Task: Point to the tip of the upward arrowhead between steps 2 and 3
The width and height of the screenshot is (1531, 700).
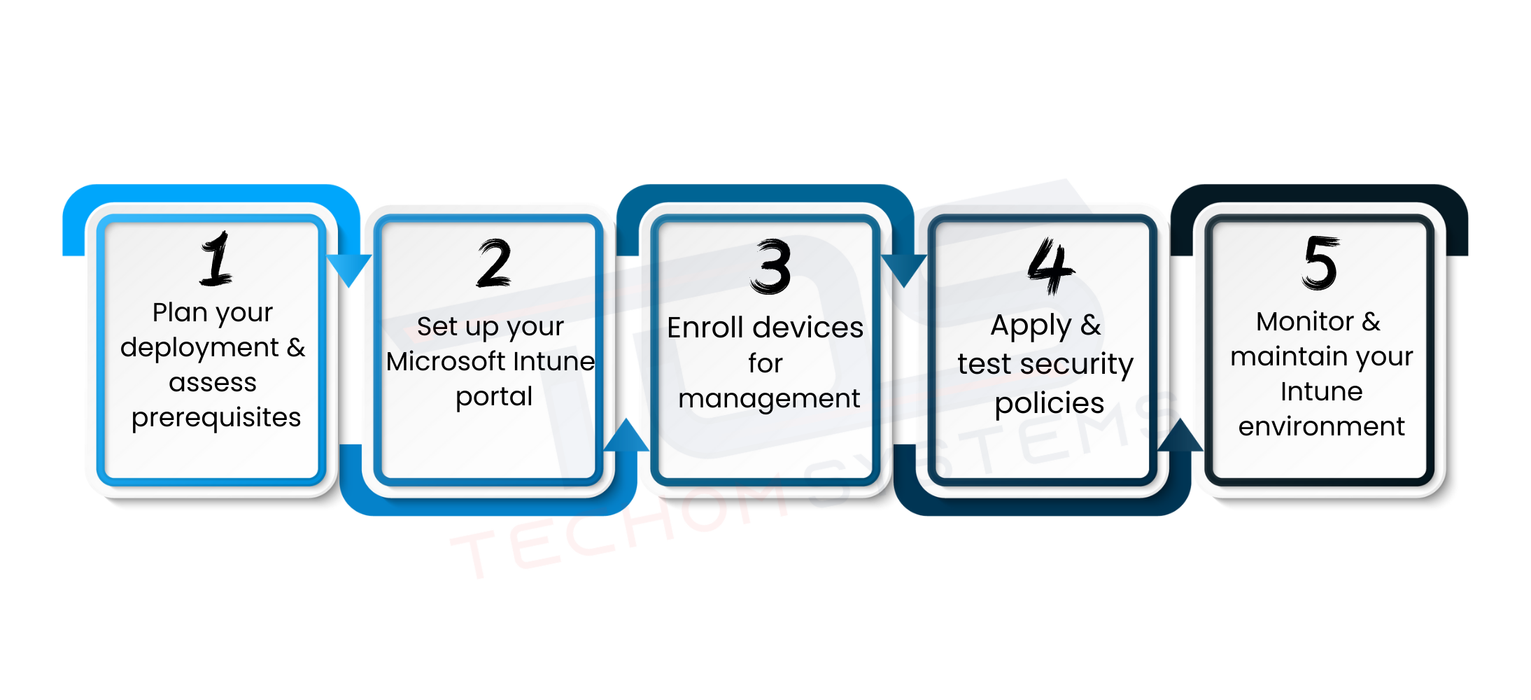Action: click(x=626, y=419)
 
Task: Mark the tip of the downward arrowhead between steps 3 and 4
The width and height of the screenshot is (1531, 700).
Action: click(x=904, y=287)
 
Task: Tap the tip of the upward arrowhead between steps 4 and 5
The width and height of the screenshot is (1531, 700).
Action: click(x=1181, y=419)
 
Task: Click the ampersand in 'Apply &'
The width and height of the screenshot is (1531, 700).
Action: click(x=1090, y=325)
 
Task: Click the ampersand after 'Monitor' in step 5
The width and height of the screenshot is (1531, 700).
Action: click(x=1371, y=321)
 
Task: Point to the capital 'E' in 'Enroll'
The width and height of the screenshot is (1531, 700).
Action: click(x=675, y=328)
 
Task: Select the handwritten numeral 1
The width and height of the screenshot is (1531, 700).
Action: click(x=216, y=258)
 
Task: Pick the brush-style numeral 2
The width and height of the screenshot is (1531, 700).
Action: click(x=494, y=263)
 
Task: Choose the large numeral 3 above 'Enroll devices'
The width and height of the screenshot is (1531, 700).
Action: click(x=770, y=266)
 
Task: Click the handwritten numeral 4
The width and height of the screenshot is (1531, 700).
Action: click(x=1050, y=265)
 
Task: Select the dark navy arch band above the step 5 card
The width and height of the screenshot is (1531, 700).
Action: click(x=1319, y=194)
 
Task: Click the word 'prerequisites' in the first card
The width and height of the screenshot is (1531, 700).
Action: click(x=216, y=418)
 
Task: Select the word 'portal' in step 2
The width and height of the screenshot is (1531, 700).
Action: click(x=494, y=397)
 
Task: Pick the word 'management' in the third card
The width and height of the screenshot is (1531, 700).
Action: click(x=769, y=399)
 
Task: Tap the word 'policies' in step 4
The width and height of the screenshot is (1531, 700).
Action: click(x=1050, y=404)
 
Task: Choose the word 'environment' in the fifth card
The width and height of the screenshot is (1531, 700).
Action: click(x=1322, y=426)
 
